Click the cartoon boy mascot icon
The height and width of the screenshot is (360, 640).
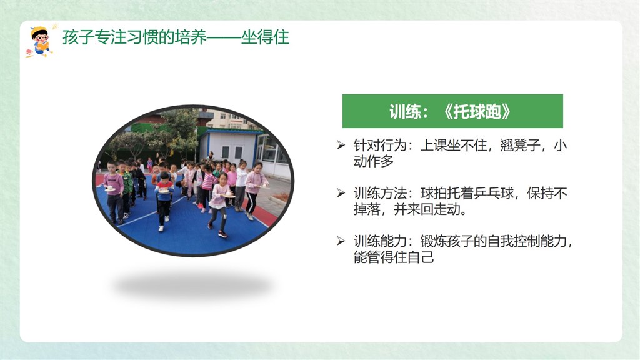tap(40, 42)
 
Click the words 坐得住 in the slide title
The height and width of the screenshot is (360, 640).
tap(265, 37)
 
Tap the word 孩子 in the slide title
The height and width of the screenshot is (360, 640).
tap(78, 37)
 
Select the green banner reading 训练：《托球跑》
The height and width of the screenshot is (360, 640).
tap(452, 111)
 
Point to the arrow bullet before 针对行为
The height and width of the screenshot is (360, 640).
tap(341, 145)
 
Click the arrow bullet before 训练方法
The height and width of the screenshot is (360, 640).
tap(341, 193)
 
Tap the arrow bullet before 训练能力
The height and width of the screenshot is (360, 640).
tap(341, 241)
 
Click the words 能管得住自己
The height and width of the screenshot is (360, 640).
tap(394, 257)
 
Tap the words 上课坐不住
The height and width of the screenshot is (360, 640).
tap(454, 145)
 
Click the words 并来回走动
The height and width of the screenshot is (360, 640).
tap(427, 209)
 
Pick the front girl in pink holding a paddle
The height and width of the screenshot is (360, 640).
tap(219, 204)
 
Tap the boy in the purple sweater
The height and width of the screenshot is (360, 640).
tap(114, 192)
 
